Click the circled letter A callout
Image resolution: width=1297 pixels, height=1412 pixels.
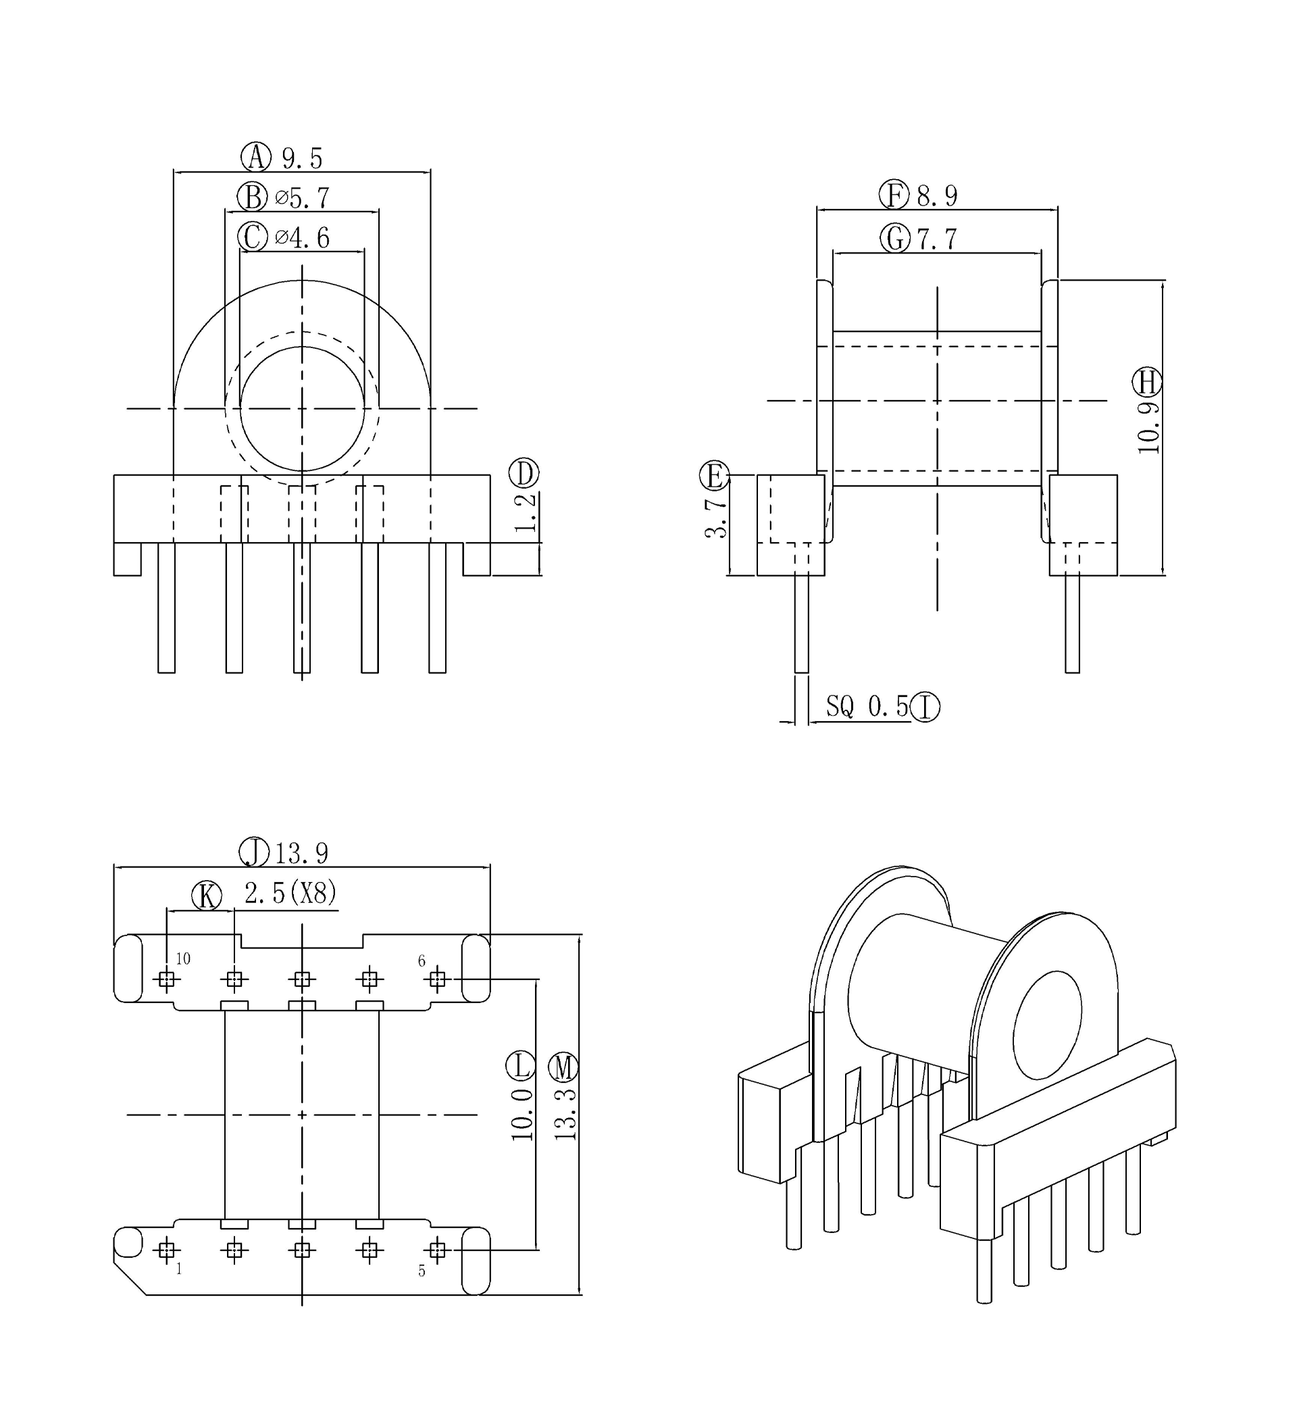tap(256, 157)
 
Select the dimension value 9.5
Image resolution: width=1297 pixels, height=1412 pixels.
tap(303, 159)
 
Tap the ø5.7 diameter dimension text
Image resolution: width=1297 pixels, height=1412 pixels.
tap(303, 198)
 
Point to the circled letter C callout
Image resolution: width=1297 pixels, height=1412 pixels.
tap(253, 237)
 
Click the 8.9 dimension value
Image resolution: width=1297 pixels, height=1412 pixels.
tap(937, 196)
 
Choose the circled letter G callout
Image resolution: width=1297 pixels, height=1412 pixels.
tap(896, 239)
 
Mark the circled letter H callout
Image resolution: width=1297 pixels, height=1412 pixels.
tap(1147, 383)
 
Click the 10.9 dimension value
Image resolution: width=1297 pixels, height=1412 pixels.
tap(1149, 428)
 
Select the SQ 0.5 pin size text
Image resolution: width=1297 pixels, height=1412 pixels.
tap(867, 706)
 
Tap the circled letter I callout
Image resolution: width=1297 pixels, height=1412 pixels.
tap(925, 707)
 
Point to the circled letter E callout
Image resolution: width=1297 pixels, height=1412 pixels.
tap(715, 476)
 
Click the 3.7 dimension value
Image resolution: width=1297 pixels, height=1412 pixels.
tap(716, 519)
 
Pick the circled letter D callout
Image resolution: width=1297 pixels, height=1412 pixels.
tap(524, 473)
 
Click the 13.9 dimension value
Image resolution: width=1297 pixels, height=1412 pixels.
tap(302, 854)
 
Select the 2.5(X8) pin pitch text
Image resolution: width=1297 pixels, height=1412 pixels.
tap(290, 894)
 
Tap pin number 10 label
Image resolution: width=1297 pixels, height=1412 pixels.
tap(183, 959)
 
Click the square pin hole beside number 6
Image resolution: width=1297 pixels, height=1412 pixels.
tap(437, 979)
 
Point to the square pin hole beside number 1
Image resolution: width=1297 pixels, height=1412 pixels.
tap(166, 1250)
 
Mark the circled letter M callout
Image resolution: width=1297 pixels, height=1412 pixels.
tap(563, 1068)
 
